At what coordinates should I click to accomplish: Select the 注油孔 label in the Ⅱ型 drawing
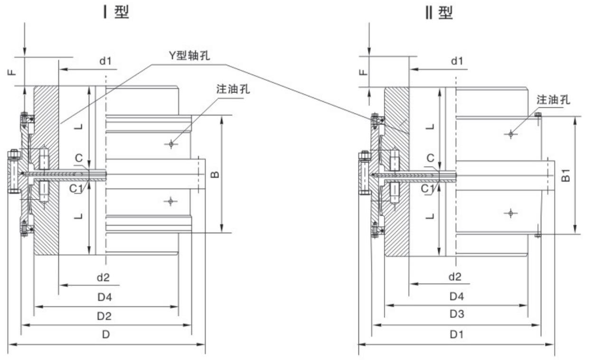tap(553, 100)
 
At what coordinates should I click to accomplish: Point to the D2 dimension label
tap(106, 316)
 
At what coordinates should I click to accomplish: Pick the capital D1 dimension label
tap(456, 334)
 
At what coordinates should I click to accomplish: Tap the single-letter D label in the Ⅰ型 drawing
tap(106, 334)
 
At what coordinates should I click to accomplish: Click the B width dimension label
tap(215, 175)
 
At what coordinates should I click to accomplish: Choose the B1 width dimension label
tap(566, 175)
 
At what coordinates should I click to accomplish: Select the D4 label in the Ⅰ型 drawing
tap(105, 297)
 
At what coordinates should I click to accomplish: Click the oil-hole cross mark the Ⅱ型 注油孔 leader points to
tap(510, 134)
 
